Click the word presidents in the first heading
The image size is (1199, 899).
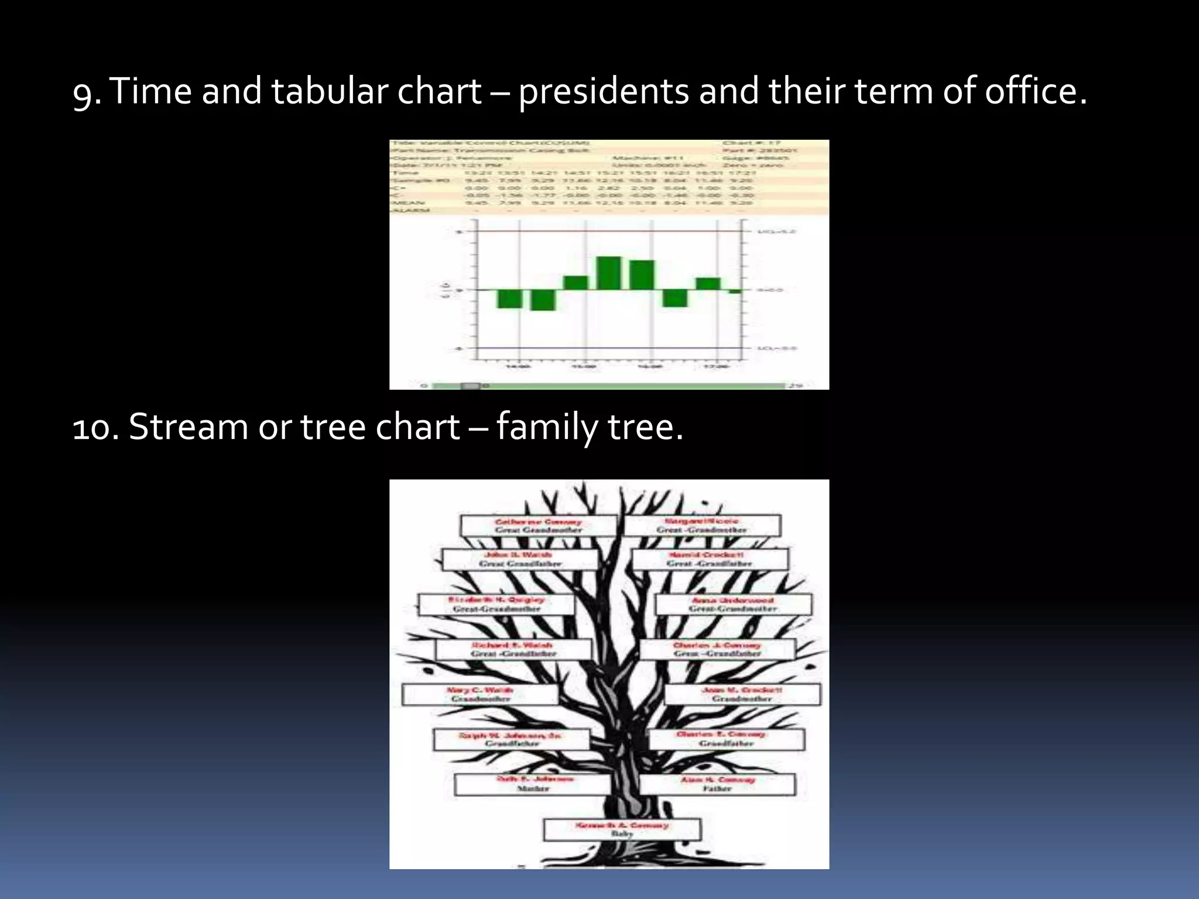pyautogui.click(x=604, y=92)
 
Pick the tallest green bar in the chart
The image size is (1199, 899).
pyautogui.click(x=608, y=273)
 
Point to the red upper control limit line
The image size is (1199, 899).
pyautogui.click(x=609, y=231)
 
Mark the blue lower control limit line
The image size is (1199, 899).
pyautogui.click(x=609, y=348)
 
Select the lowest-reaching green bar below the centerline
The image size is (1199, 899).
pyautogui.click(x=543, y=300)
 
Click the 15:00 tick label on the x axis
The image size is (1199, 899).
pyautogui.click(x=584, y=367)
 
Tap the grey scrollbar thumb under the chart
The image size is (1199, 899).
pyautogui.click(x=470, y=386)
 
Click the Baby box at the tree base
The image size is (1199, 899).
pyautogui.click(x=622, y=829)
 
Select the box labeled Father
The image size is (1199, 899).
pyautogui.click(x=717, y=784)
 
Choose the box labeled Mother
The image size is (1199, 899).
pyautogui.click(x=533, y=784)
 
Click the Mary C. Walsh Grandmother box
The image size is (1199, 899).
pyautogui.click(x=480, y=695)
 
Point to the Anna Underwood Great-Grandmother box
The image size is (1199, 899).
pyautogui.click(x=733, y=605)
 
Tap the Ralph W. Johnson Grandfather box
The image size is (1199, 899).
pyautogui.click(x=511, y=739)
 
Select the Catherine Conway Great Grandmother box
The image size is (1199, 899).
pyautogui.click(x=538, y=526)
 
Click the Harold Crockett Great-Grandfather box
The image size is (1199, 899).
pyautogui.click(x=709, y=559)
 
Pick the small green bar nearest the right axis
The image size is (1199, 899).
pyautogui.click(x=735, y=291)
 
